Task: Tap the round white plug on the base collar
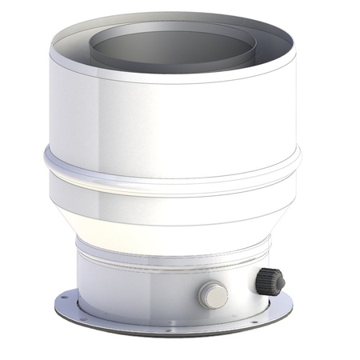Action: (x=214, y=296)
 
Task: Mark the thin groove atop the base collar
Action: (x=160, y=258)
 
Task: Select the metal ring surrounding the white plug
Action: (x=204, y=298)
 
